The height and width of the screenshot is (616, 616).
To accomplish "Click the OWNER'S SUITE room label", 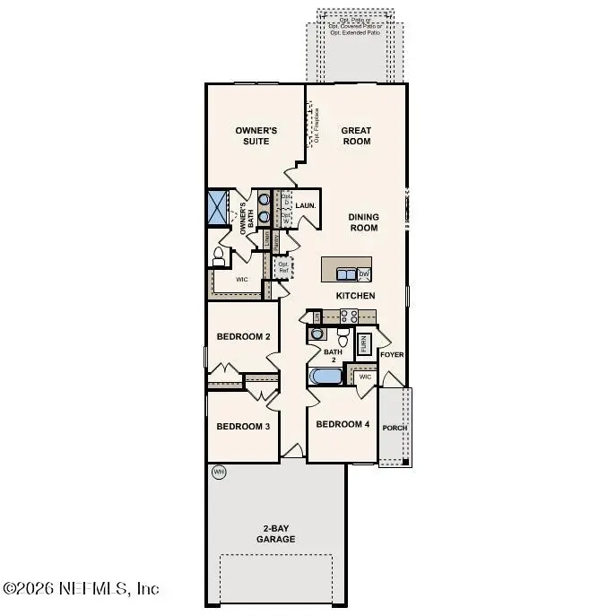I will (256, 136).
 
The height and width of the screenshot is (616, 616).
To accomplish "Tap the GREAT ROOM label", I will (356, 136).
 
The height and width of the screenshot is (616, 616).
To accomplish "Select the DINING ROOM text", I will (363, 222).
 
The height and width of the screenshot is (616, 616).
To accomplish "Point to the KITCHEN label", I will (355, 296).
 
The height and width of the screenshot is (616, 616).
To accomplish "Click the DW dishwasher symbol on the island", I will (364, 273).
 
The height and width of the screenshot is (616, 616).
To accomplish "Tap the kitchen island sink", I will (345, 273).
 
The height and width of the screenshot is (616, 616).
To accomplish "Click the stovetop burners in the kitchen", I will (349, 316).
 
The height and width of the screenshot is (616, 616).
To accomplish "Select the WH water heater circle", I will (218, 472).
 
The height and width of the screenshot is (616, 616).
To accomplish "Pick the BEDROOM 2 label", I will (243, 337).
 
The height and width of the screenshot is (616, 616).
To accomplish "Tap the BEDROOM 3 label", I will (243, 427).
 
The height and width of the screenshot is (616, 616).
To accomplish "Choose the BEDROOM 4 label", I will (343, 424).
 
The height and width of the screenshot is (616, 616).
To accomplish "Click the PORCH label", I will (395, 428).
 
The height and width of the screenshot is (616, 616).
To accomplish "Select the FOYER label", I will (392, 355).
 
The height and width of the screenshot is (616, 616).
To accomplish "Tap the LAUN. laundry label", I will (304, 205).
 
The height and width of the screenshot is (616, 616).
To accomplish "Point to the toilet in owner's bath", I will (218, 258).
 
